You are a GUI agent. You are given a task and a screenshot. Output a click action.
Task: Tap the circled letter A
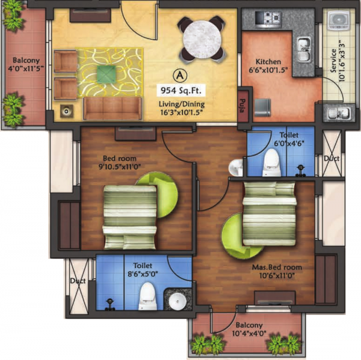[x=178, y=75]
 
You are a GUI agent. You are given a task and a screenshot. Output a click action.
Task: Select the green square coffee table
[x=106, y=73]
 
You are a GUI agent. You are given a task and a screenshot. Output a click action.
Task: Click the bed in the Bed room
[x=129, y=216]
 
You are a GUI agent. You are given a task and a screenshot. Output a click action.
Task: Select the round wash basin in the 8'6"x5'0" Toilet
[x=175, y=300]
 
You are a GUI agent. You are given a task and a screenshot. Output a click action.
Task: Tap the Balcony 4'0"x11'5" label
[x=25, y=64]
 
